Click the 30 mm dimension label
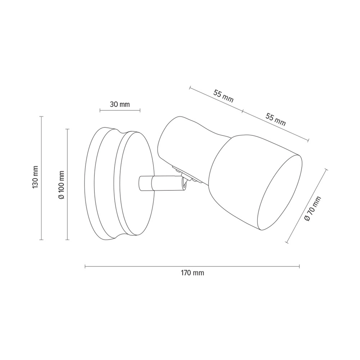[120, 104]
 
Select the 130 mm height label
[35, 177]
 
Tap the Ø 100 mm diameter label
[61, 185]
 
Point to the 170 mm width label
[192, 273]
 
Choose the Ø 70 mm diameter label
[312, 209]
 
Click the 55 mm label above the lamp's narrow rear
[224, 96]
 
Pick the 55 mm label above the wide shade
[276, 120]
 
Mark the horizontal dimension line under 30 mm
[120, 111]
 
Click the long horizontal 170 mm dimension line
[192, 266]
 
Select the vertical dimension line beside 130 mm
[41, 178]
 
